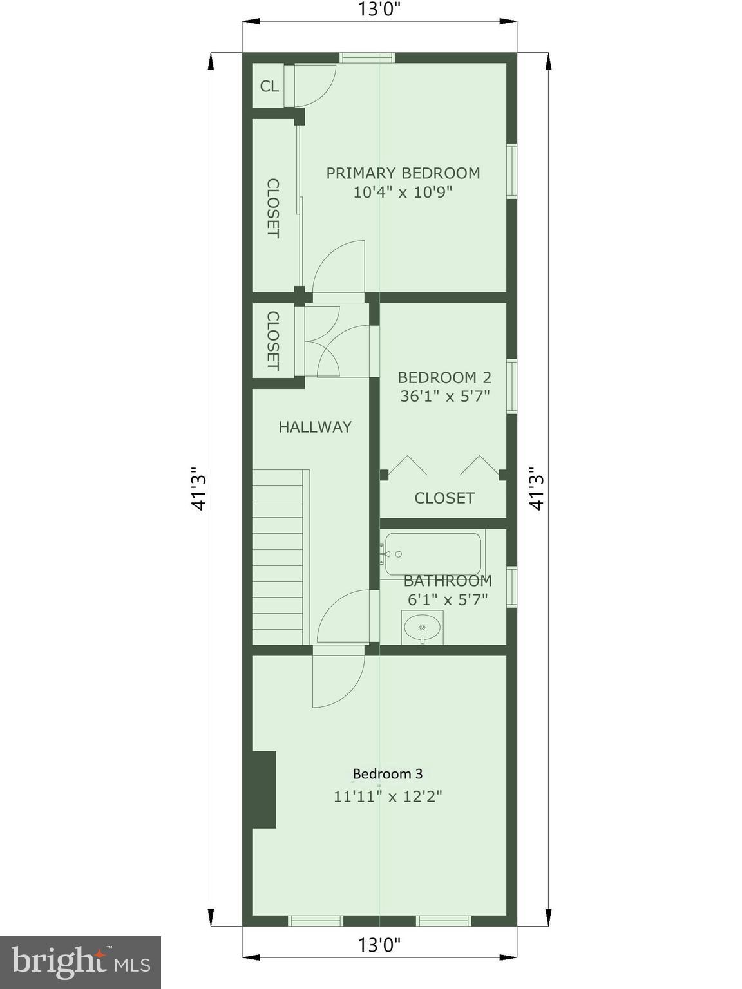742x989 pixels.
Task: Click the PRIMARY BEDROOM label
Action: [x=403, y=173]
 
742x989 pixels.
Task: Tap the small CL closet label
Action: [x=269, y=86]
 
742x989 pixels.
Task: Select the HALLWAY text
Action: [x=315, y=427]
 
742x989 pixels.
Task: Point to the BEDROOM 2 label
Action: [x=444, y=377]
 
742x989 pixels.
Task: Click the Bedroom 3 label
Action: [x=387, y=774]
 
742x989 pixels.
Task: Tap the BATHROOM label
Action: [x=448, y=581]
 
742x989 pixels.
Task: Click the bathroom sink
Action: [x=422, y=626]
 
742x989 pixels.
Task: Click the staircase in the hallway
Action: [x=278, y=557]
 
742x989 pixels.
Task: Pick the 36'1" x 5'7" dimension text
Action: [x=445, y=396]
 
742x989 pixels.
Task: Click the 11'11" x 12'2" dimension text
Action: [x=387, y=796]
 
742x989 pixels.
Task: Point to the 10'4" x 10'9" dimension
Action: [x=403, y=192]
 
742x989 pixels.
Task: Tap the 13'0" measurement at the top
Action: [x=380, y=10]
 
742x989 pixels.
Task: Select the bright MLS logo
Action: [x=80, y=962]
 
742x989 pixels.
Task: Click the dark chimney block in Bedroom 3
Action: [x=264, y=789]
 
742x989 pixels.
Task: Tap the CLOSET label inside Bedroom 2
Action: [x=444, y=498]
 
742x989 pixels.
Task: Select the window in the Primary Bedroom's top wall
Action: [x=367, y=58]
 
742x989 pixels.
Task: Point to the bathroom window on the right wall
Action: [x=511, y=586]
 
